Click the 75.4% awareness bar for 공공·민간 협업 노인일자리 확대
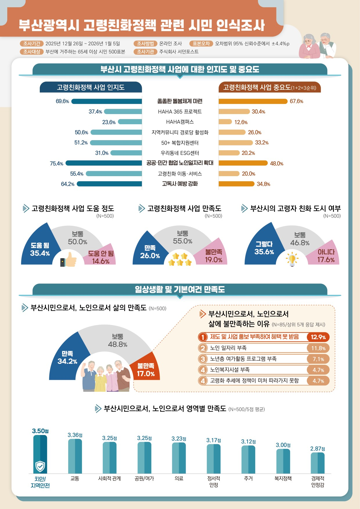point(104,163)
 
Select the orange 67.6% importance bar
point(253,101)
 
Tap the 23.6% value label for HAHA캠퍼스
point(109,122)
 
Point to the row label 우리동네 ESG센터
point(180,153)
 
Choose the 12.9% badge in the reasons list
point(318,337)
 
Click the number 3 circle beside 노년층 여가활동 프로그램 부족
point(203,359)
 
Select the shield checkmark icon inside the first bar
point(40,466)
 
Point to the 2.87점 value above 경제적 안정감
point(317,449)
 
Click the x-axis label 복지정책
point(283,479)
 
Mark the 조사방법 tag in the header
point(145,44)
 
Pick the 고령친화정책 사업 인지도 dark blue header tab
point(91,87)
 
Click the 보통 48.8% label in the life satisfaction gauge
point(118,340)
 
